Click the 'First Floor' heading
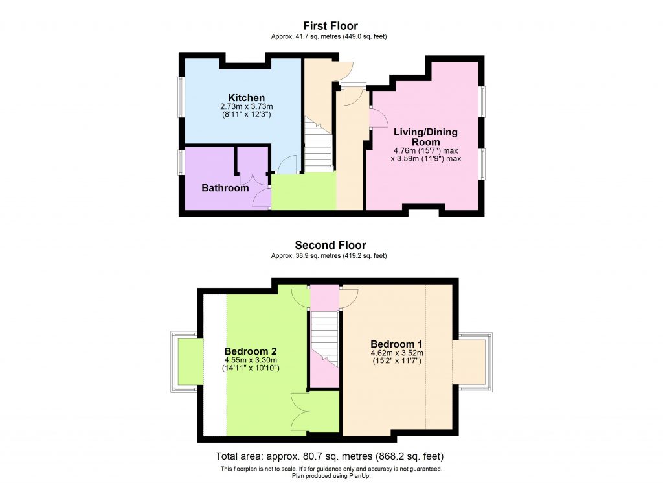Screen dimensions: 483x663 [x=330, y=26]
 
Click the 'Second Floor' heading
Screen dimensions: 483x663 [x=330, y=245]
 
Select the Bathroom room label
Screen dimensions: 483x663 [x=225, y=188]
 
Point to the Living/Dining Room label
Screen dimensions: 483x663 [x=425, y=137]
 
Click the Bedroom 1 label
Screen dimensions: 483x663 [x=396, y=344]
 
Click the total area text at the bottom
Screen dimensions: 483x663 [x=330, y=456]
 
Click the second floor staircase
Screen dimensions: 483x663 [x=325, y=337]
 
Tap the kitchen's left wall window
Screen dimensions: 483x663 [x=182, y=97]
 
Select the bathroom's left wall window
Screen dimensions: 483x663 [x=182, y=162]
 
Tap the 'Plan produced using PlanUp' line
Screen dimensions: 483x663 [x=330, y=475]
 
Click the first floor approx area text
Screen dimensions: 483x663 [x=330, y=37]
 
